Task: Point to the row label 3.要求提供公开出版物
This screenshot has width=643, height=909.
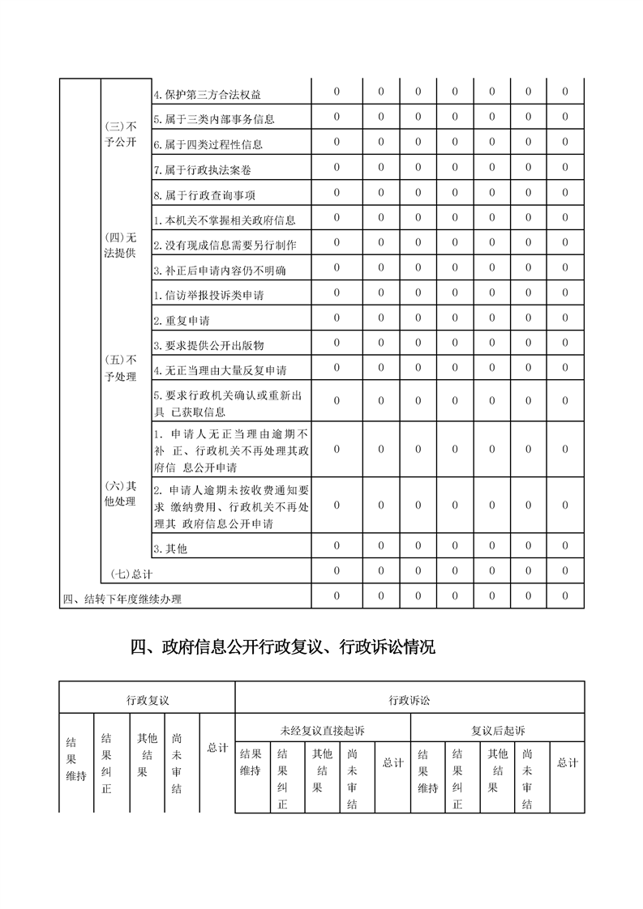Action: (x=209, y=345)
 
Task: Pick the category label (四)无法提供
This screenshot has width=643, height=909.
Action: (x=122, y=245)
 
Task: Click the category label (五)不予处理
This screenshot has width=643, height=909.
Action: (x=122, y=368)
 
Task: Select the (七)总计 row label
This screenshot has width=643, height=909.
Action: (x=131, y=574)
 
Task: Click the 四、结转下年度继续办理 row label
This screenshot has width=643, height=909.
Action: (x=122, y=600)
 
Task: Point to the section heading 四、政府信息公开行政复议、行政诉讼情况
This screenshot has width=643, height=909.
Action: (x=283, y=647)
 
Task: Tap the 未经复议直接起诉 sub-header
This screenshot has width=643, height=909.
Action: (x=323, y=731)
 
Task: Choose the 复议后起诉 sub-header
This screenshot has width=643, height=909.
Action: (x=498, y=731)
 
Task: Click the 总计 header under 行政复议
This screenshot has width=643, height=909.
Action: (x=217, y=748)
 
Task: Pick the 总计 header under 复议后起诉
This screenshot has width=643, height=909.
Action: (x=568, y=762)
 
